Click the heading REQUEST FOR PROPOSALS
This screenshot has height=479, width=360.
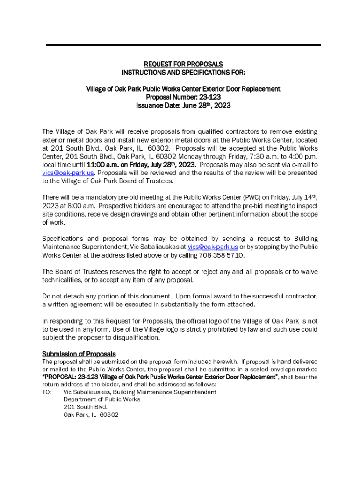183,64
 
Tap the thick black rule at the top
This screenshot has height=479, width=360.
183,45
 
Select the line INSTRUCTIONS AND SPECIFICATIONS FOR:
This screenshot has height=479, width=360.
183,73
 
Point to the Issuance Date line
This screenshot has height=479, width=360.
183,106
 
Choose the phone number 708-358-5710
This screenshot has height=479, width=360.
222,255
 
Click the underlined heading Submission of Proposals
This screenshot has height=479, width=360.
79,354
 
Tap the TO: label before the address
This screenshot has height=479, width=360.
47,392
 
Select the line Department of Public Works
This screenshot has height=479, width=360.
102,399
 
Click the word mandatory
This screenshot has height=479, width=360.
98,197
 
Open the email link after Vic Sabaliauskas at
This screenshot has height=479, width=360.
213,247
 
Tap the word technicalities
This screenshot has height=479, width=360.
62,280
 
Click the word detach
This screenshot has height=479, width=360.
74,296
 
